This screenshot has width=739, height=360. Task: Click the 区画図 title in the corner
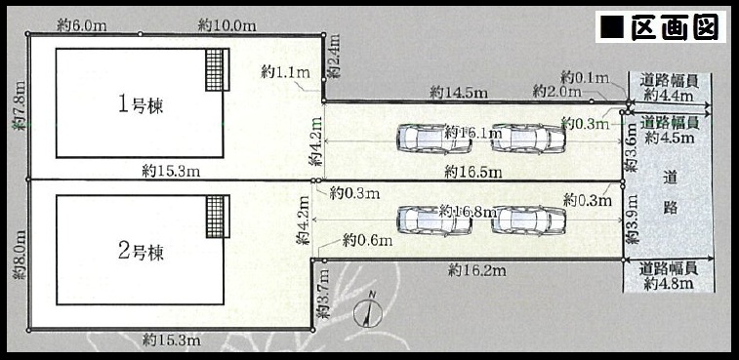tap(660, 27)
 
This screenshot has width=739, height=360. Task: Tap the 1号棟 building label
tap(141, 104)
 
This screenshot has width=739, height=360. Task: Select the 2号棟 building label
tap(141, 252)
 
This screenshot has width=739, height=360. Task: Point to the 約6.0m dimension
tap(81, 26)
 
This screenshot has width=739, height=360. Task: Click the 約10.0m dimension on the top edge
tap(227, 26)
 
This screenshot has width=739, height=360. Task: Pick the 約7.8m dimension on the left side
tap(20, 105)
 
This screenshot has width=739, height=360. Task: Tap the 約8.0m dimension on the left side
tap(20, 255)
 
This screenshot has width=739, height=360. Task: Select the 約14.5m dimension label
tap(459, 94)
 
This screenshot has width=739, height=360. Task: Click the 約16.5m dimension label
tap(473, 173)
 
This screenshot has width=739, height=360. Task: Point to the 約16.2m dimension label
tap(477, 270)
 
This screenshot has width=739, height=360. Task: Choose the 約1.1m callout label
tap(285, 72)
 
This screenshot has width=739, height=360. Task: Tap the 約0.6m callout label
tap(368, 241)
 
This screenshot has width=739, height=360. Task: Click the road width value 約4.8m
tap(669, 284)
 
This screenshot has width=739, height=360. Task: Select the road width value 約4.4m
tap(669, 96)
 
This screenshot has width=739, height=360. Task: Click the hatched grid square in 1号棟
tap(215, 69)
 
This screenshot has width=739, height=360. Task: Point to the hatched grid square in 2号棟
tap(215, 217)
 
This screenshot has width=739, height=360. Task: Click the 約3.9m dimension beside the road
tap(632, 220)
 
